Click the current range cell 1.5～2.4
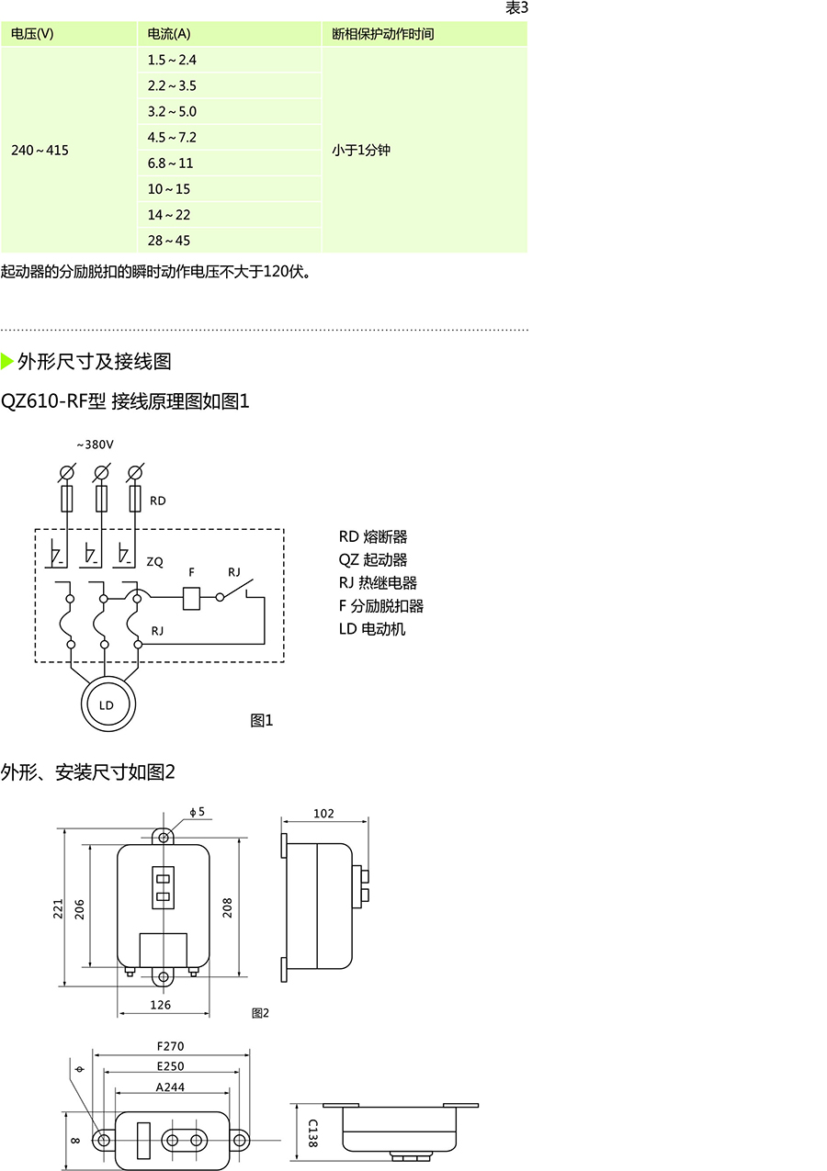(x=229, y=60)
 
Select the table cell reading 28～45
(x=229, y=241)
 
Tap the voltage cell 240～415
(x=69, y=150)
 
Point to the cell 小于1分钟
(x=425, y=150)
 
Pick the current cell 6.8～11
(x=229, y=163)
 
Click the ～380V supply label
(x=95, y=445)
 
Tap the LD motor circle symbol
(x=108, y=704)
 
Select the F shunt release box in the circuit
(x=191, y=599)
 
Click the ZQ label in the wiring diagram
(x=155, y=562)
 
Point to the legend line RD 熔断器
(x=373, y=537)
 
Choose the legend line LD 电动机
(x=372, y=629)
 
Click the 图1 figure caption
(x=262, y=720)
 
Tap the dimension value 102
(x=323, y=814)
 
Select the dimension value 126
(x=160, y=1005)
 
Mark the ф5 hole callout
(x=198, y=812)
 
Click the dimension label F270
(x=171, y=1046)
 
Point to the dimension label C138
(x=312, y=1133)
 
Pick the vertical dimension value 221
(x=58, y=909)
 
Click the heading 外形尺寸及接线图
(x=94, y=361)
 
